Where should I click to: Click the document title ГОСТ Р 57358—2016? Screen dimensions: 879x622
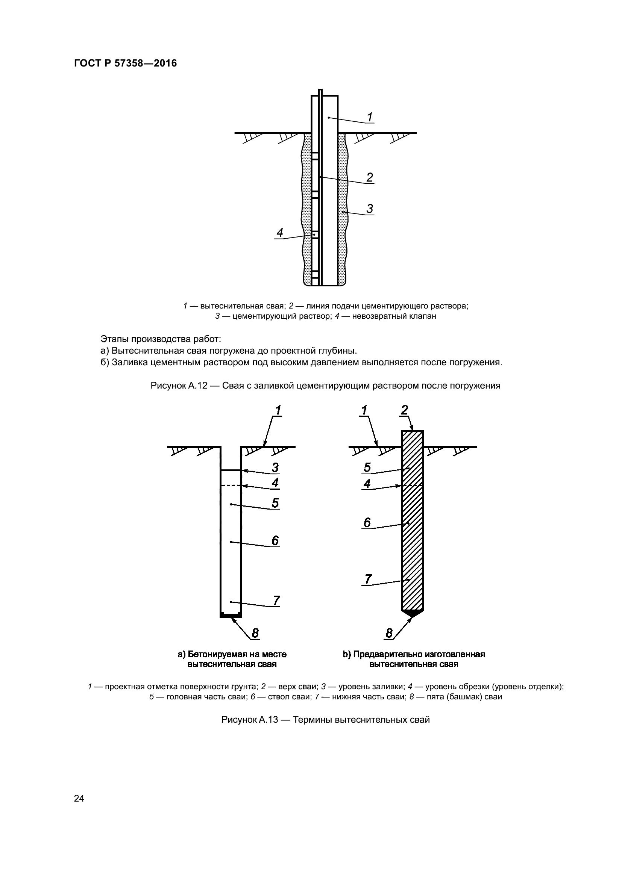(x=125, y=64)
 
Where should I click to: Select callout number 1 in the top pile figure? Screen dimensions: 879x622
(x=370, y=117)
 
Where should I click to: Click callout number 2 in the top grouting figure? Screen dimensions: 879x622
(x=370, y=178)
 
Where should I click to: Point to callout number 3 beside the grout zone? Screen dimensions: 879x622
(x=370, y=209)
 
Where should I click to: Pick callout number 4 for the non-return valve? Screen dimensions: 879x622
(x=280, y=232)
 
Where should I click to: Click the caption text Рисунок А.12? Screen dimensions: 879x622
(x=179, y=386)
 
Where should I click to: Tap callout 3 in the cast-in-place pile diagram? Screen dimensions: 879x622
(x=275, y=467)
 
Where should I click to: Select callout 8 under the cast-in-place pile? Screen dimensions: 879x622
(x=255, y=634)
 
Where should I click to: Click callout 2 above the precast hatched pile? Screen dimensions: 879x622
(x=405, y=410)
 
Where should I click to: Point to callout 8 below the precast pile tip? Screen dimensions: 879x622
(x=389, y=634)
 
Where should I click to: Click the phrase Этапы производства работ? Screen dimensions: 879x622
(x=161, y=339)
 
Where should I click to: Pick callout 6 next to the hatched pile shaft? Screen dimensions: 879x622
(x=367, y=523)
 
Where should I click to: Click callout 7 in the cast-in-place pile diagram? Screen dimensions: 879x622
(x=276, y=601)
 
